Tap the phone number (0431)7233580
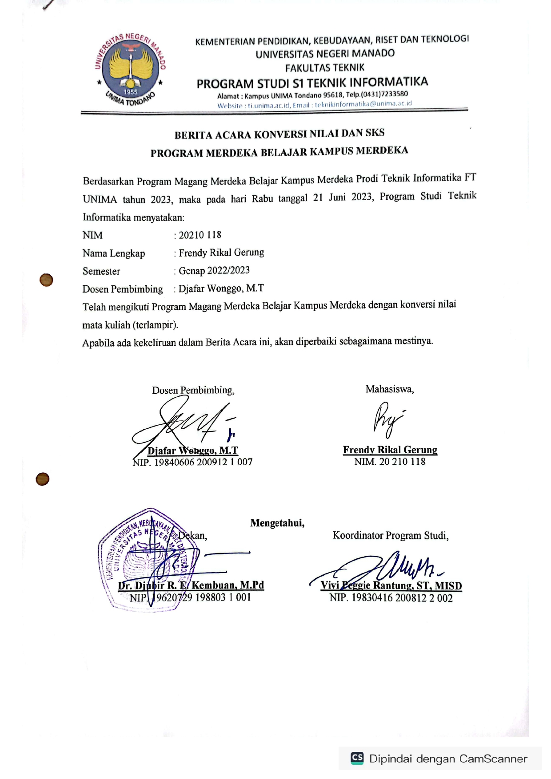383,94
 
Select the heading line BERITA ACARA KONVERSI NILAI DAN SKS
279,134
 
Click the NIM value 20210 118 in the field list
200,235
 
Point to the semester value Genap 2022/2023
214,270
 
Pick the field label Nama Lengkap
114,253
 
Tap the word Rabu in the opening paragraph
262,198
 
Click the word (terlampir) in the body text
155,324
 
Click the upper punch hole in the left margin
46,280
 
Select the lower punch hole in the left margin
43,479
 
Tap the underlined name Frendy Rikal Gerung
390,450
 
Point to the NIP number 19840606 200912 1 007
203,462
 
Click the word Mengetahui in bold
277,523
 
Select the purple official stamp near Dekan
147,559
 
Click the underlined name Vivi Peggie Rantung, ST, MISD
391,585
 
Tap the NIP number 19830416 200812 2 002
402,598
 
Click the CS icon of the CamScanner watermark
357,758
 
